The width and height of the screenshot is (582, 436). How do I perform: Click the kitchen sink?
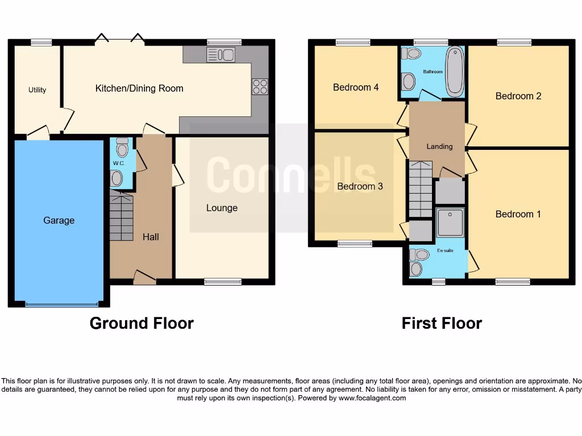[221, 54]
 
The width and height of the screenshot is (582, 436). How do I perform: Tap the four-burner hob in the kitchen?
[260, 86]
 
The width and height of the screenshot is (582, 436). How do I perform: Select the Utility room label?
[38, 90]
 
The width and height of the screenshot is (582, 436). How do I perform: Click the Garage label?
[59, 220]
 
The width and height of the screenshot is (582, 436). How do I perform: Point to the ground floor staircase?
[121, 217]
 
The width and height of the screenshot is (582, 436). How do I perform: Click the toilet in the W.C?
[122, 149]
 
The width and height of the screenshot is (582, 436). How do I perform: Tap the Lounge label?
[222, 208]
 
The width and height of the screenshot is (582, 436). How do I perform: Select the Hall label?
[151, 237]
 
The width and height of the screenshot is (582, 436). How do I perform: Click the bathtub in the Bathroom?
[455, 72]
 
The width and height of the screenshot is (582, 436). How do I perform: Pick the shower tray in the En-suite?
[451, 222]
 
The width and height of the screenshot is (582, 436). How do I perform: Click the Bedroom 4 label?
[356, 87]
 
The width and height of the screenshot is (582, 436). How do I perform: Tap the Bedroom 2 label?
[518, 96]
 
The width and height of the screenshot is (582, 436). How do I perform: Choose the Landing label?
[439, 146]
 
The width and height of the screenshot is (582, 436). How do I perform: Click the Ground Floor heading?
[142, 323]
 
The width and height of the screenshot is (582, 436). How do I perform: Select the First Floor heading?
[442, 323]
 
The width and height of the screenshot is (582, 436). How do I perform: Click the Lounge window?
[223, 281]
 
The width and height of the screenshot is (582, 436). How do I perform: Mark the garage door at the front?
[59, 305]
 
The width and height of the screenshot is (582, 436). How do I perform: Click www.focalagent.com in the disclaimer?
[372, 398]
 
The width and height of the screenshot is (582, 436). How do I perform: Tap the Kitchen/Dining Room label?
[139, 88]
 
